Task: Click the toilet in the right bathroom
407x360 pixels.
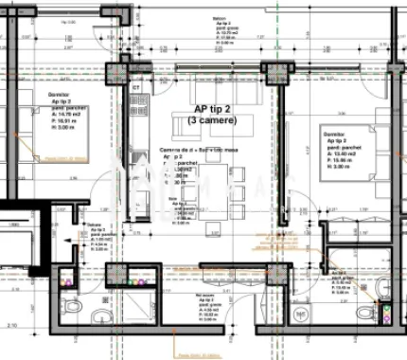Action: click(x=362, y=313)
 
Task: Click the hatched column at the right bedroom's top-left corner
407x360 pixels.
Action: click(x=274, y=74)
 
